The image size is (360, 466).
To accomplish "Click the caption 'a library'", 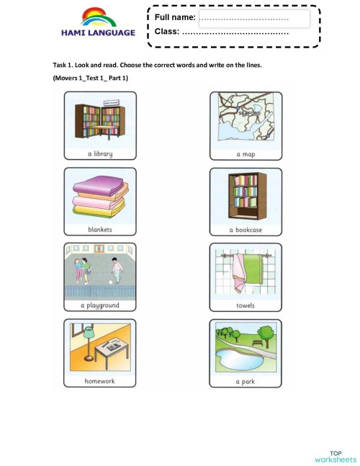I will tap(100, 153).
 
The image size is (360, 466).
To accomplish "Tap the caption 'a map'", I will tap(246, 154).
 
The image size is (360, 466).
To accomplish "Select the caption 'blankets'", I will tap(100, 230).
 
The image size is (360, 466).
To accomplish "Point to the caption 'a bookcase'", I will tap(246, 230).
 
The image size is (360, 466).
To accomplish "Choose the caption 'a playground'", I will tap(100, 305).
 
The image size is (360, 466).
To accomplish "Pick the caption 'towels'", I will tap(246, 305).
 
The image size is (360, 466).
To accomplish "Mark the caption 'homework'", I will tap(100, 381).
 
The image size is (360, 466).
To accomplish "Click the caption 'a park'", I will tap(246, 381).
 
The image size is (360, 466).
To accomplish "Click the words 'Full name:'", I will tap(175, 17).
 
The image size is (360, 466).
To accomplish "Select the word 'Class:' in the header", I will tap(167, 32).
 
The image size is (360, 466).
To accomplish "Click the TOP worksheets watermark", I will tap(336, 455).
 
